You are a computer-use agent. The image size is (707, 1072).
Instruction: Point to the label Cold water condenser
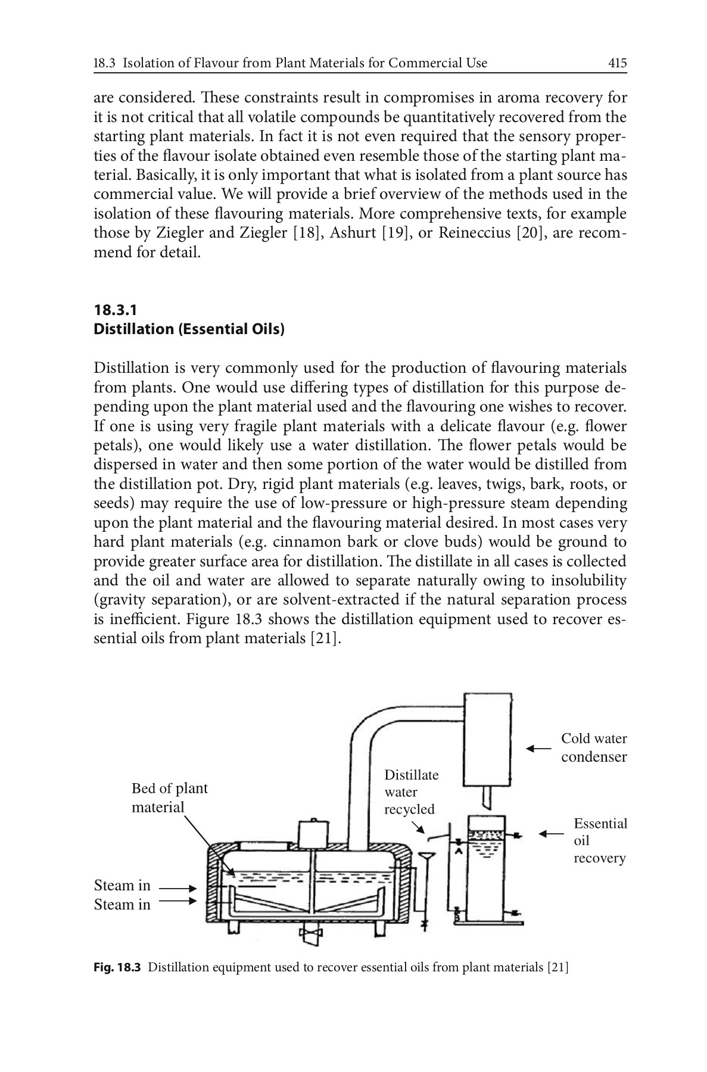[x=593, y=747]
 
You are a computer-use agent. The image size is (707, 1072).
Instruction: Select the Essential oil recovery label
[x=599, y=840]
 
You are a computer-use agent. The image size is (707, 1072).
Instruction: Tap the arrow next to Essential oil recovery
[x=551, y=834]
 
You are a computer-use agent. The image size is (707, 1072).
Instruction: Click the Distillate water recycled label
[x=410, y=792]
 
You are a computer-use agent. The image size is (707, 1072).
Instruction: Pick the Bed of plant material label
[x=169, y=797]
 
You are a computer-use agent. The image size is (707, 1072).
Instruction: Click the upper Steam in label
[x=122, y=886]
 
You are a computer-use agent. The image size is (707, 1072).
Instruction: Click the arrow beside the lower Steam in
[x=177, y=901]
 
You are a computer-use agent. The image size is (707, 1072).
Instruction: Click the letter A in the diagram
[x=459, y=852]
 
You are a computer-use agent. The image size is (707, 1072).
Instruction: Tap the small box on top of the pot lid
[x=313, y=833]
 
